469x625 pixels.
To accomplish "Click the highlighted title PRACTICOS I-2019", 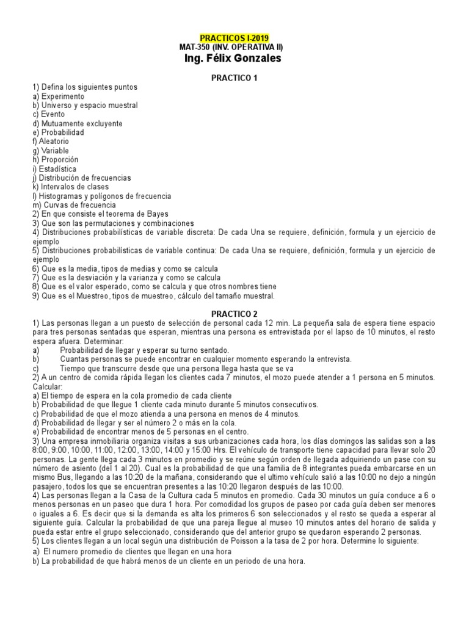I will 234,38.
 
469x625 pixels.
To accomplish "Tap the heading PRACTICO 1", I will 234,78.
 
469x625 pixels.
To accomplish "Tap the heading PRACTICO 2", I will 234,313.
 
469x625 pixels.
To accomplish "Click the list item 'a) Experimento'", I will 59,96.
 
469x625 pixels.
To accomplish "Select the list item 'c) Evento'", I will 50,114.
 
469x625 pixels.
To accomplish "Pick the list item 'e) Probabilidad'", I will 59,132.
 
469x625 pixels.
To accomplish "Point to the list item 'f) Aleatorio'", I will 54,142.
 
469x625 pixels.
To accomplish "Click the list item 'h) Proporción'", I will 56,159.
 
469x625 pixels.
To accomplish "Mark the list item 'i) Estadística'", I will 55,168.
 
